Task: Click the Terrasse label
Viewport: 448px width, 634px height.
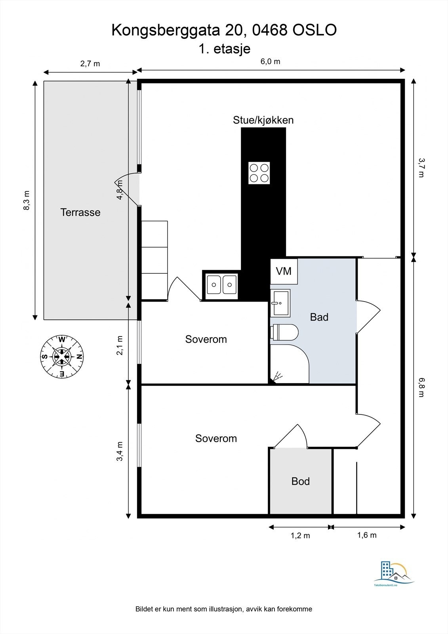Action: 80,212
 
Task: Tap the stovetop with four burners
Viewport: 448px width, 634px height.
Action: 259,173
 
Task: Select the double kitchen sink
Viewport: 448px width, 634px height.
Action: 222,285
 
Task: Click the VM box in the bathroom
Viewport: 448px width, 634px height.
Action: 284,271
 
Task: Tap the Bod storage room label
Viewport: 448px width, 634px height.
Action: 300,481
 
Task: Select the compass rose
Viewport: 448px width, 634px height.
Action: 62,356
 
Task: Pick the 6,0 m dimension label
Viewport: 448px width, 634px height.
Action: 270,61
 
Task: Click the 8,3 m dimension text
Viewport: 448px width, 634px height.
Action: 27,201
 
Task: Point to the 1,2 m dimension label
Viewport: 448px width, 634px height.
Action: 300,536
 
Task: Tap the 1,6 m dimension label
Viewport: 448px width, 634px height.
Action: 367,535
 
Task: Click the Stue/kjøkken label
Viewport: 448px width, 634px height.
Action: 263,120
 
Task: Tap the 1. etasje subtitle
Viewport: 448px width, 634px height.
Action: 225,49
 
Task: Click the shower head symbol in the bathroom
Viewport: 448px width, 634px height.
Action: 278,375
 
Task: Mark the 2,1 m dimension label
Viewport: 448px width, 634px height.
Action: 120,346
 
